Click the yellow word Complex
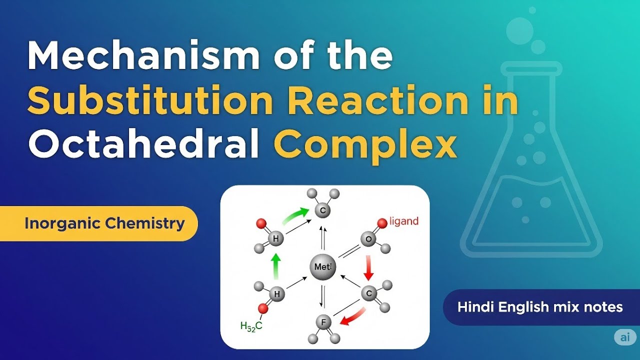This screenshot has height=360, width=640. [365, 145]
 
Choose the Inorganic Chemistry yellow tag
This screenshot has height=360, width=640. [104, 223]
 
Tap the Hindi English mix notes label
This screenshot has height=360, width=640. [540, 306]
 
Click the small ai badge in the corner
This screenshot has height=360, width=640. [625, 337]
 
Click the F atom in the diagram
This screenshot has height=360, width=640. [323, 322]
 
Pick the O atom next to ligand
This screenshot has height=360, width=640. [369, 239]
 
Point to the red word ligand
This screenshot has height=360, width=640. [403, 221]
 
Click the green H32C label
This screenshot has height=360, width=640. [251, 326]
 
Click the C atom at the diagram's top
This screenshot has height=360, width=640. [323, 210]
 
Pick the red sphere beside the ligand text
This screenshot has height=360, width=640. [382, 222]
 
